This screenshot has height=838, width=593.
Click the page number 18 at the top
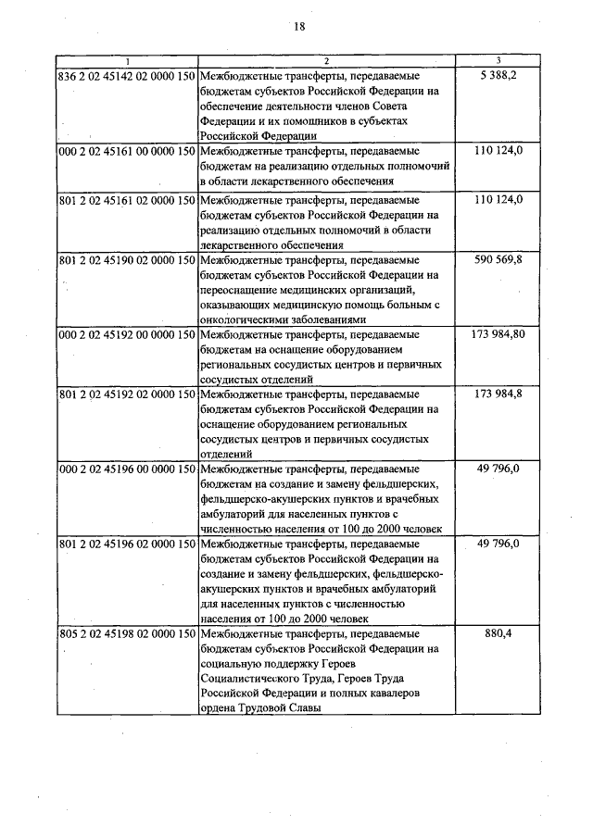pyautogui.click(x=299, y=26)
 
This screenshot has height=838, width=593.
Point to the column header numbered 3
pyautogui.click(x=498, y=60)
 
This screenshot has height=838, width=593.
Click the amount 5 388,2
pyautogui.click(x=498, y=74)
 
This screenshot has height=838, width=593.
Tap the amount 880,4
pyautogui.click(x=498, y=635)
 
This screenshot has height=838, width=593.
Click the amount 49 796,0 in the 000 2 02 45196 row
pyautogui.click(x=498, y=469)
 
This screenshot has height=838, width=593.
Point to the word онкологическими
pyautogui.click(x=246, y=319)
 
